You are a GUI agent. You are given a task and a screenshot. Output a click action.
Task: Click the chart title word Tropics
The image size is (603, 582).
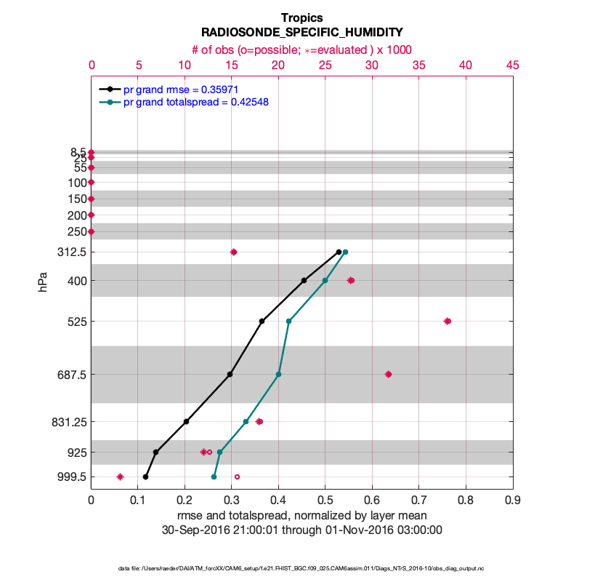301,17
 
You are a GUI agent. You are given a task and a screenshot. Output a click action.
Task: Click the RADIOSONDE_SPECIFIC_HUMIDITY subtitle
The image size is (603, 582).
301,33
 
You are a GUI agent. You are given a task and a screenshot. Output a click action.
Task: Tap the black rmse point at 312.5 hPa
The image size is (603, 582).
339,252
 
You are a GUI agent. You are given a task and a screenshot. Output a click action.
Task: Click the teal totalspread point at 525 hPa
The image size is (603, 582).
288,321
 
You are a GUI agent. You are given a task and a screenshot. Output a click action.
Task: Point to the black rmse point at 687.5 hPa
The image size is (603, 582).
230,374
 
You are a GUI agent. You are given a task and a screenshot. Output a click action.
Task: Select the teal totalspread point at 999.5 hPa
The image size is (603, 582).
214,477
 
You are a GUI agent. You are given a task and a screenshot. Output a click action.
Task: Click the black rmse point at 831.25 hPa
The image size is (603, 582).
186,421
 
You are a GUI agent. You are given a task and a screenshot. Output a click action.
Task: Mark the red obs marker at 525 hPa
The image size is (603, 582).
448,321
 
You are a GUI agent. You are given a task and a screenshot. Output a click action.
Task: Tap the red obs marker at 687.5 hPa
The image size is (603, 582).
388,374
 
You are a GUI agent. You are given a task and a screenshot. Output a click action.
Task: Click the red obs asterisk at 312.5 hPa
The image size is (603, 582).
234,252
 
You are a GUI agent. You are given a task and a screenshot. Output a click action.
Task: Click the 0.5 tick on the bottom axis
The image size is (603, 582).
372,501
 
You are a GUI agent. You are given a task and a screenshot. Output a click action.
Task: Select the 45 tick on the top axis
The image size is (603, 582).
512,65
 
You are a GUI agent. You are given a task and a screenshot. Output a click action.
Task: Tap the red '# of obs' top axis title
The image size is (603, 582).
301,49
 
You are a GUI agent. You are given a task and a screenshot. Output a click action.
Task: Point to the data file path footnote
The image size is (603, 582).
301,567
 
